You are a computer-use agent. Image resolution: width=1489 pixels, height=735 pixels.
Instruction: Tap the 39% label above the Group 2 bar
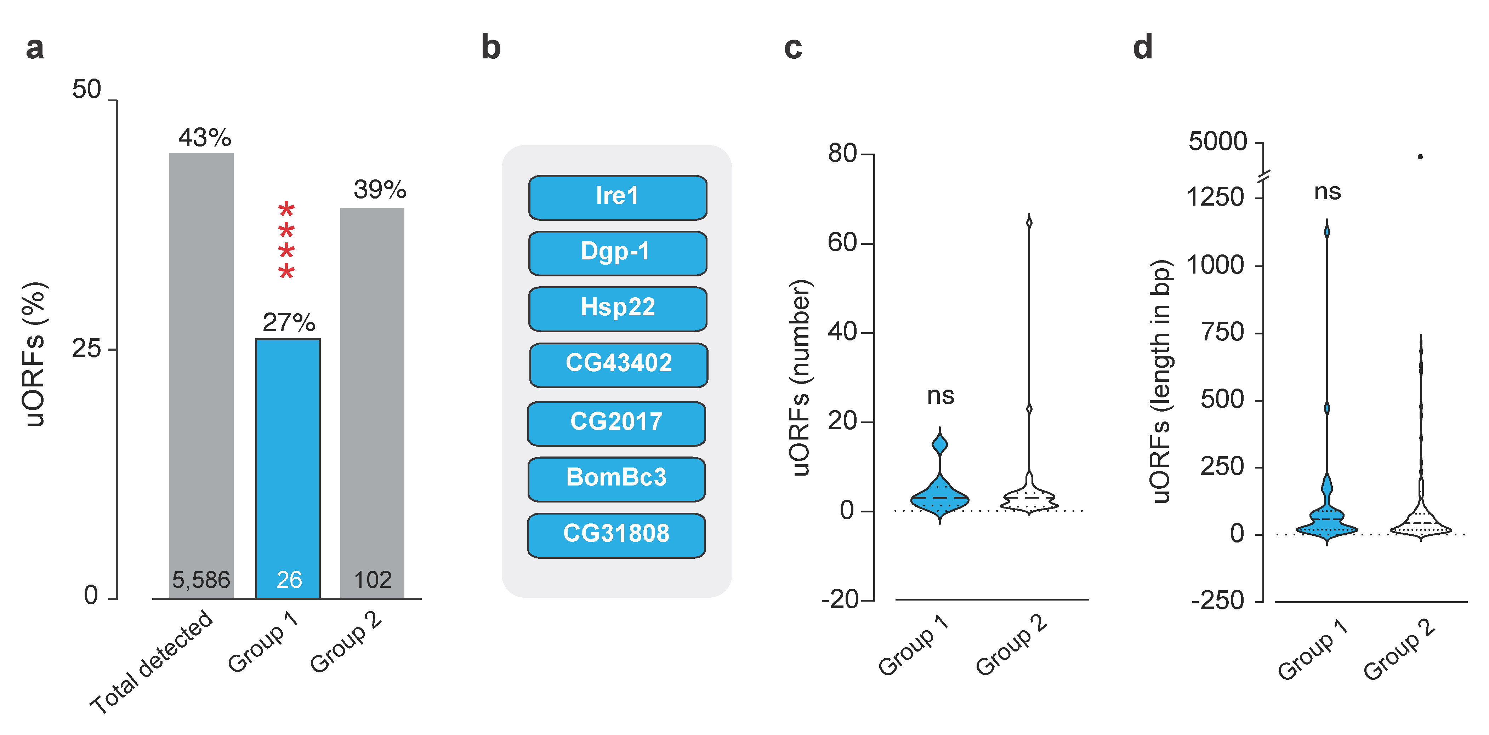click(380, 190)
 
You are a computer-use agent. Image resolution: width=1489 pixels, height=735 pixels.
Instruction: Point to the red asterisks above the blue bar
click(286, 240)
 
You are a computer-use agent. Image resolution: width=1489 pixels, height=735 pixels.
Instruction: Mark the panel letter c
click(793, 48)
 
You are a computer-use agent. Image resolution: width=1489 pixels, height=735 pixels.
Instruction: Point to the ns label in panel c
click(940, 396)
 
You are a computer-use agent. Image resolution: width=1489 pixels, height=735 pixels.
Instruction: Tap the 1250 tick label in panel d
click(1215, 197)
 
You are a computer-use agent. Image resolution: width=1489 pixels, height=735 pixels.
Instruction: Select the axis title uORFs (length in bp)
click(1161, 381)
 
